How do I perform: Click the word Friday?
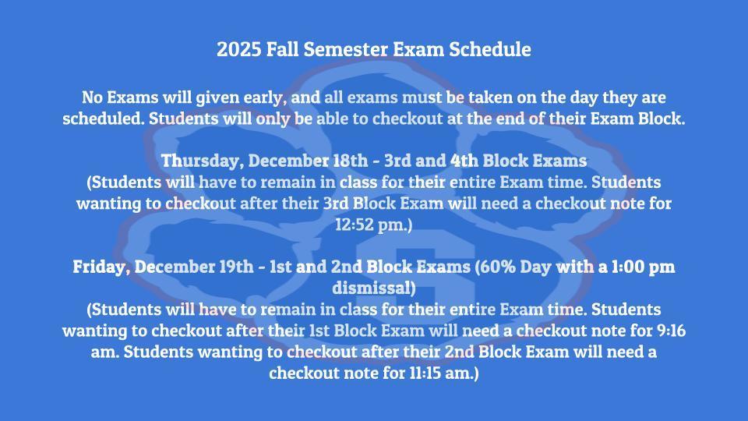[100, 267]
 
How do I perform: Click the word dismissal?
[374, 288]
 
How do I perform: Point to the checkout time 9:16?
[671, 331]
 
